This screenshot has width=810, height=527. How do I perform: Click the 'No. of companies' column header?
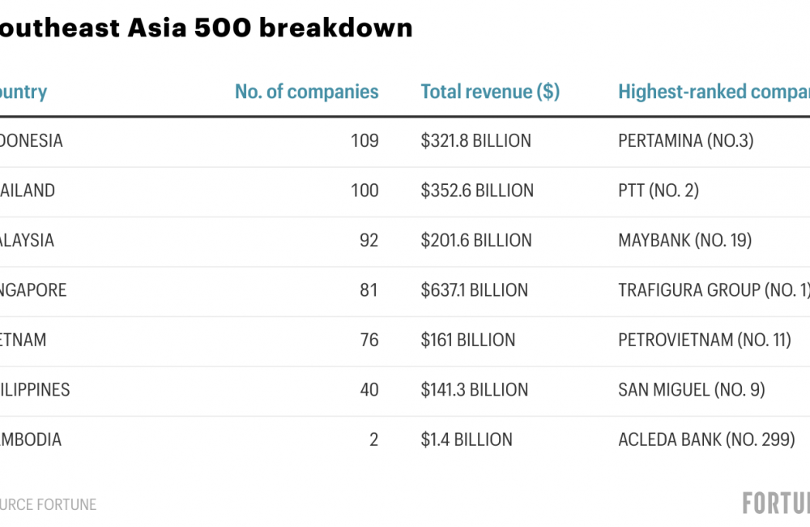[306, 92]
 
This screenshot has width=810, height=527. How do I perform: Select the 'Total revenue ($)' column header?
[490, 92]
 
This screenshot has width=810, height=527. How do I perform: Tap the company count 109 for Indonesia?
[364, 141]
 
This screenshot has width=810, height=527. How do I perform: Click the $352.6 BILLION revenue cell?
[477, 191]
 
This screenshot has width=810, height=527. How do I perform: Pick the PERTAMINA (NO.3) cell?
[685, 141]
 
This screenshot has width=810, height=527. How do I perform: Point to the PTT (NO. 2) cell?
[658, 191]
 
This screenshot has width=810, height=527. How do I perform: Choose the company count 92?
[369, 241]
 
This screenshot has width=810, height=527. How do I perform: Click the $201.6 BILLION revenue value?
[476, 241]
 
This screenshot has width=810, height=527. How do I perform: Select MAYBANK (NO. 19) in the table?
[684, 241]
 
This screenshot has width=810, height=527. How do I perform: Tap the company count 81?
[369, 290]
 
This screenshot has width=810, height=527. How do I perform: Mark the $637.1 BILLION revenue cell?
[474, 290]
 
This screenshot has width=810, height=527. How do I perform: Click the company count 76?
[369, 340]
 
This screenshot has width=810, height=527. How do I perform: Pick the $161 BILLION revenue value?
[467, 340]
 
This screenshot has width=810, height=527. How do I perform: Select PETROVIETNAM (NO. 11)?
[704, 340]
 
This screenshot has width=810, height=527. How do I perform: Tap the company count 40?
[369, 390]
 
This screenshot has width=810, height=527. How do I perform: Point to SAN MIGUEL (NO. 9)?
[691, 390]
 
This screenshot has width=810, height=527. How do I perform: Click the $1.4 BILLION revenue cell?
[467, 439]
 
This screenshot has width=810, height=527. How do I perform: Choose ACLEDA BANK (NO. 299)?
[706, 439]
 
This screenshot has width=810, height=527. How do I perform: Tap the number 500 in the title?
[221, 28]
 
